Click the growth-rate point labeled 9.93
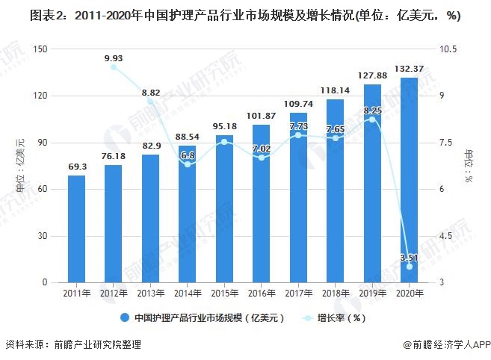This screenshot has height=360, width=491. [x=114, y=67]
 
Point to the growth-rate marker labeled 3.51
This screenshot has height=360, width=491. [x=409, y=267]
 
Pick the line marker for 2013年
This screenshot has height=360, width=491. [x=150, y=102]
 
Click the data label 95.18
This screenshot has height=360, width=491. [x=224, y=126]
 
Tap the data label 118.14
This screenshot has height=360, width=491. [x=335, y=90]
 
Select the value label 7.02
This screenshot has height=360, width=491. [x=261, y=149]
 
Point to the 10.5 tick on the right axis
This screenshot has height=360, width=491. [x=448, y=49]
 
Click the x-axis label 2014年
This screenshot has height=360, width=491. [x=188, y=293]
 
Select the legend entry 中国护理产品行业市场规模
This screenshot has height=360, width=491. [x=202, y=317]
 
